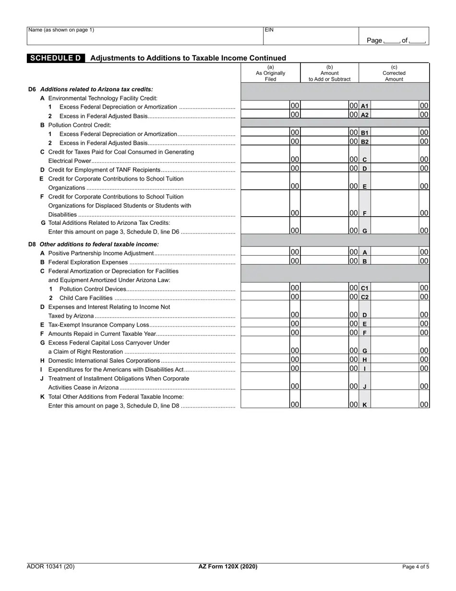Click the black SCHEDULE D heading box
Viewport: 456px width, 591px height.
click(56, 58)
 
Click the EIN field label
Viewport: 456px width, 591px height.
click(269, 30)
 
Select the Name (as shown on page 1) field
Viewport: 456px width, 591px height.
click(144, 36)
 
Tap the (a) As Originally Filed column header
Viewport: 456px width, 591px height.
click(270, 73)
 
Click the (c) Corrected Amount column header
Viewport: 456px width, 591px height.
click(394, 73)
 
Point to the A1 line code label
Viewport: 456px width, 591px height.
click(364, 106)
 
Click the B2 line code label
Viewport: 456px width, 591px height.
click(364, 142)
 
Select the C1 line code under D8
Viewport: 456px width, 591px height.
click(364, 288)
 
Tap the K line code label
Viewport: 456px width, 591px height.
click(364, 405)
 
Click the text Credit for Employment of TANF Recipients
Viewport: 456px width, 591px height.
click(104, 170)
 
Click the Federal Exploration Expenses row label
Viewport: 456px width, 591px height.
click(88, 262)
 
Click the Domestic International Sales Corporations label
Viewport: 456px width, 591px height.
click(104, 361)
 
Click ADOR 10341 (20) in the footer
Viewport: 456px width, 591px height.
click(50, 566)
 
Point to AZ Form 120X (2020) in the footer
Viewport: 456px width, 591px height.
click(228, 566)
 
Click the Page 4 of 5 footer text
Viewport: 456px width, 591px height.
click(415, 566)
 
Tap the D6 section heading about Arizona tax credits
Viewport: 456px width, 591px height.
click(96, 89)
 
